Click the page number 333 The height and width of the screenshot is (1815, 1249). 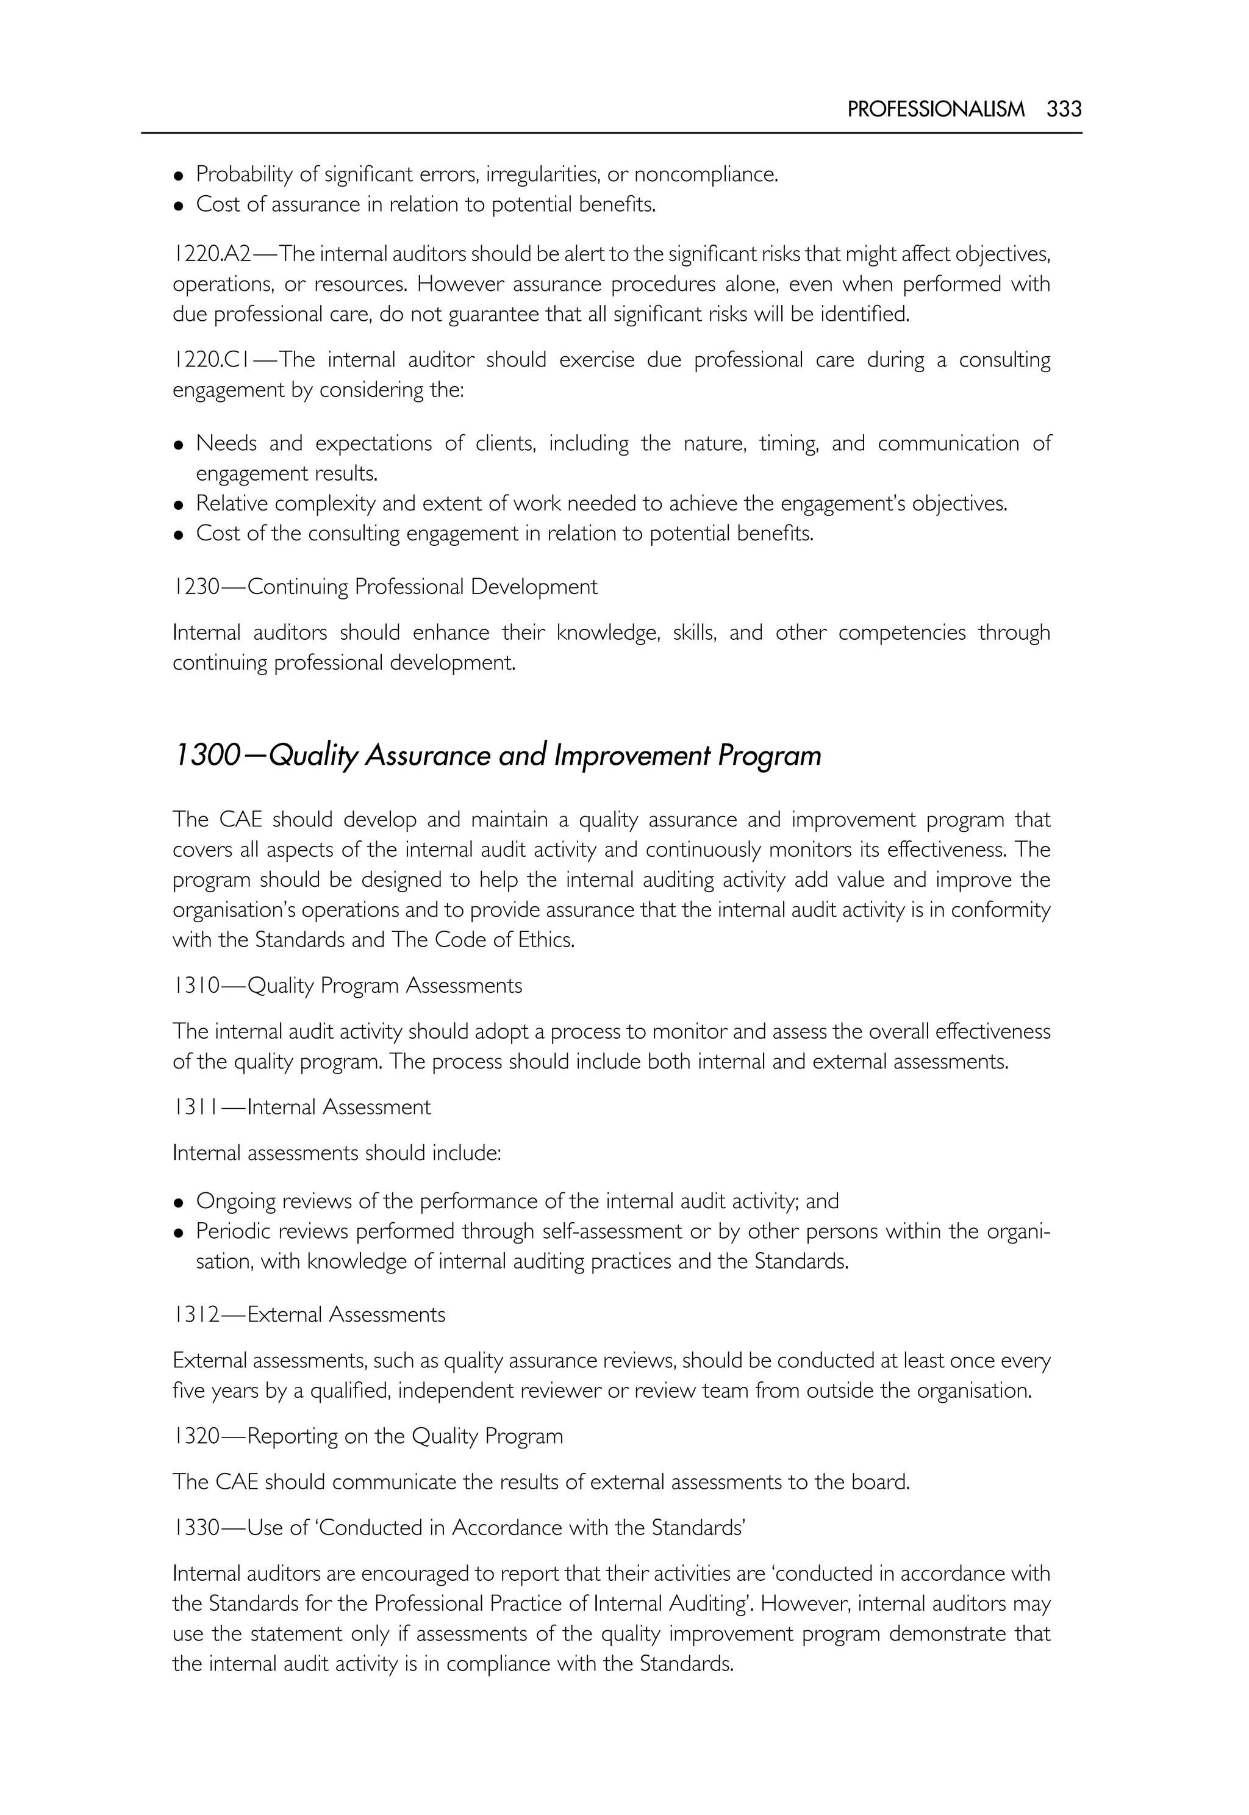pyautogui.click(x=1064, y=109)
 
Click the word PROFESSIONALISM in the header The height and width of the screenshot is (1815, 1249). pyautogui.click(x=935, y=109)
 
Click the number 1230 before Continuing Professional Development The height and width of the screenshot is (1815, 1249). pyautogui.click(x=196, y=587)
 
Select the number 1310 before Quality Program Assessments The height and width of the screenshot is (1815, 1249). pyautogui.click(x=196, y=986)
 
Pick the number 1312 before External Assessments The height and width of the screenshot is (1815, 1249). pyautogui.click(x=196, y=1315)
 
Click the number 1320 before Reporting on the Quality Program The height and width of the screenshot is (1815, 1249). pyautogui.click(x=196, y=1436)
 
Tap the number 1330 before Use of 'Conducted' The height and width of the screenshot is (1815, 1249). pyautogui.click(x=196, y=1528)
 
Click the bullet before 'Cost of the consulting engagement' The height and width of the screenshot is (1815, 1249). pyautogui.click(x=179, y=536)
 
